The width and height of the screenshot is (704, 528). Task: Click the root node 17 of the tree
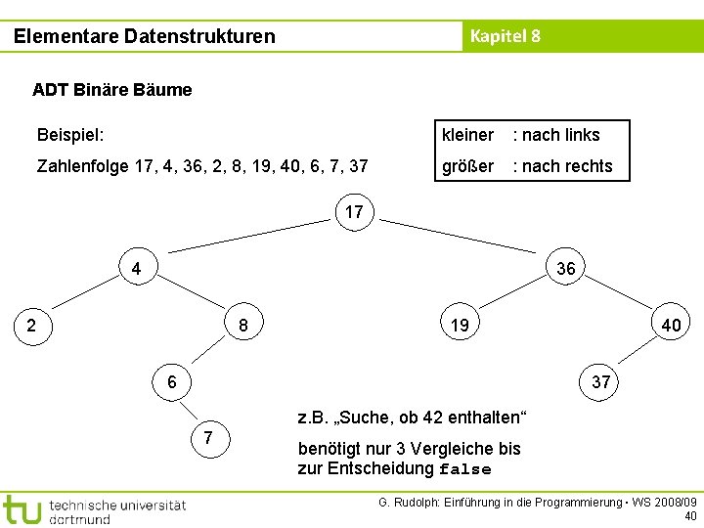coord(354,211)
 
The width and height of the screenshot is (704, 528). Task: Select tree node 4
coord(137,268)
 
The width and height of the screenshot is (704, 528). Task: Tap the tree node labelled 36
coord(565,268)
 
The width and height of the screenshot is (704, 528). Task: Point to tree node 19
coord(460,325)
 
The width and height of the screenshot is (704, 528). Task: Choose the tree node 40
coord(672,324)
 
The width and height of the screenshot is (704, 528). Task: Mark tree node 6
coord(172,381)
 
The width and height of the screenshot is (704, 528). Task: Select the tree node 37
coord(600,381)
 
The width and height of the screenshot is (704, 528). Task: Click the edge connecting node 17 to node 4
coord(245,240)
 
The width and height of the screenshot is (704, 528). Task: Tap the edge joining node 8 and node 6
coord(208,353)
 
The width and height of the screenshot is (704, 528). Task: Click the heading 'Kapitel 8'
coord(505,36)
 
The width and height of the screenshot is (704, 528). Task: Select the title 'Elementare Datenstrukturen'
coord(145,36)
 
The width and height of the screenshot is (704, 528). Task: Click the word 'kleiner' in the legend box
coord(467,135)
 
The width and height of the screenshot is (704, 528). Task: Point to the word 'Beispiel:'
coord(70,135)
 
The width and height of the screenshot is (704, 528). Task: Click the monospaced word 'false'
coord(464,468)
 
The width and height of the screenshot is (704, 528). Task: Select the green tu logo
coord(22,508)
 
